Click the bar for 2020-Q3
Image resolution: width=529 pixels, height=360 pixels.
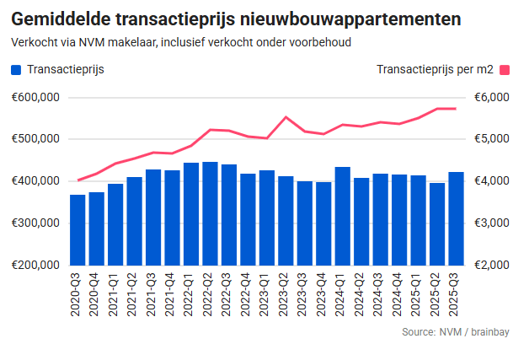click(77, 229)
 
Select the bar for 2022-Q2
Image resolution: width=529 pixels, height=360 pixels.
click(210, 213)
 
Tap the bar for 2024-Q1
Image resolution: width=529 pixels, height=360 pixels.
click(342, 216)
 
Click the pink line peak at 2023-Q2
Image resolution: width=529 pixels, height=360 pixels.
click(286, 117)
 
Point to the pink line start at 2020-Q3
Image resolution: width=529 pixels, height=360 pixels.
click(77, 180)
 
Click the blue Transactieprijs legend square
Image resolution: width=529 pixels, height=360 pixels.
click(17, 70)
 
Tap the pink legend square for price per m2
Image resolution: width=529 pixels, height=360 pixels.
click(505, 70)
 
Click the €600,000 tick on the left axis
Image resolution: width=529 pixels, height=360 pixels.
click(35, 97)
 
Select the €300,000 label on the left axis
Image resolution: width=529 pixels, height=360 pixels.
click(35, 223)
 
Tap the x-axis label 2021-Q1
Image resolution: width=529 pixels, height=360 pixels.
click(115, 296)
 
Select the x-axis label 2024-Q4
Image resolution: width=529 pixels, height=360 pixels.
click(399, 296)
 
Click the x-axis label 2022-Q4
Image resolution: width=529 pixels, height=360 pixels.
click(248, 296)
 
